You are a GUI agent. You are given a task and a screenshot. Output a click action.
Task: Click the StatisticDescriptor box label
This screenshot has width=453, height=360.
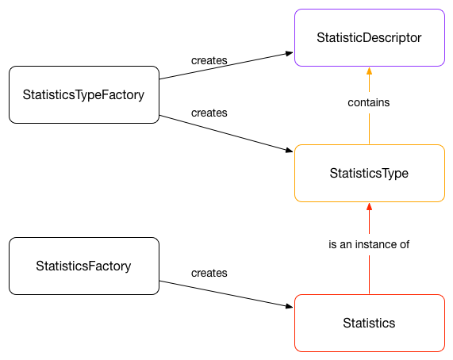[x=369, y=38]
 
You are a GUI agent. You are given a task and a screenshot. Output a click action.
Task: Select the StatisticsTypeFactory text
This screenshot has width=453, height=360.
[x=83, y=95]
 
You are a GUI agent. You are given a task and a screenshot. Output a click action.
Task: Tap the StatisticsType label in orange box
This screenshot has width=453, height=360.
[x=369, y=174]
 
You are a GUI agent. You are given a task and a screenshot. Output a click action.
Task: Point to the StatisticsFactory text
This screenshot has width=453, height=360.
[x=83, y=266]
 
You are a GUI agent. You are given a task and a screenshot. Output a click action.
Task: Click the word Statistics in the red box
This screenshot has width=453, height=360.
[x=369, y=323]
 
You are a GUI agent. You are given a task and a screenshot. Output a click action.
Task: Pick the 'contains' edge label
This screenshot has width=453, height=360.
[x=369, y=102]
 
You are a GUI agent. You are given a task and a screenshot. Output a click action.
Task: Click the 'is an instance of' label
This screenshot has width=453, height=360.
[x=369, y=244]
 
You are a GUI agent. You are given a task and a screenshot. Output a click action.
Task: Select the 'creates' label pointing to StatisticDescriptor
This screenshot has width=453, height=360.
[x=209, y=60]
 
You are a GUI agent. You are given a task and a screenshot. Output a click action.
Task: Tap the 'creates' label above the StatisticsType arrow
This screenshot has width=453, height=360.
[x=209, y=113]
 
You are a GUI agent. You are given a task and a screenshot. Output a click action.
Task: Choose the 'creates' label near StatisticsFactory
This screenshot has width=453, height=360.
[x=209, y=273]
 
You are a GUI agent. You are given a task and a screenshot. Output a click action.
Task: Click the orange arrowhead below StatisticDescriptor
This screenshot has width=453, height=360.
[x=369, y=71]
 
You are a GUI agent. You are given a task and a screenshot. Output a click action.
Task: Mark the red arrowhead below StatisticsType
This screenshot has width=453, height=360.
[x=369, y=206]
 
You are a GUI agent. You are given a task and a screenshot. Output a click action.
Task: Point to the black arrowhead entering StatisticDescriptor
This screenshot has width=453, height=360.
[x=290, y=53]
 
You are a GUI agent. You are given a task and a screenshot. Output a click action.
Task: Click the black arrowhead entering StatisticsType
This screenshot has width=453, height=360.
[x=290, y=150]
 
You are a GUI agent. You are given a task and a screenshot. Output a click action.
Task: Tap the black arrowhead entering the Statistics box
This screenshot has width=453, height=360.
[x=290, y=306]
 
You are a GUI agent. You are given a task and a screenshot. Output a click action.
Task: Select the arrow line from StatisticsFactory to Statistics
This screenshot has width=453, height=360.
[x=226, y=294]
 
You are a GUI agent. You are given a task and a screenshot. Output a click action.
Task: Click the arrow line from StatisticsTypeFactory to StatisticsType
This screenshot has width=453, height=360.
[x=226, y=133]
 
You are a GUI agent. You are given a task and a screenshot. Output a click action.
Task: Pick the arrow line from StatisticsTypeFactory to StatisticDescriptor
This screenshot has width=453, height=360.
[x=226, y=66]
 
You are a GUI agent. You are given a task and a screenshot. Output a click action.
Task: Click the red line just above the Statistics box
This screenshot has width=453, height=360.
[x=369, y=275]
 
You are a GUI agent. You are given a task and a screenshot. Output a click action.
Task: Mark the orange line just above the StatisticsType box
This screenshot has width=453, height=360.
[x=369, y=128]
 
